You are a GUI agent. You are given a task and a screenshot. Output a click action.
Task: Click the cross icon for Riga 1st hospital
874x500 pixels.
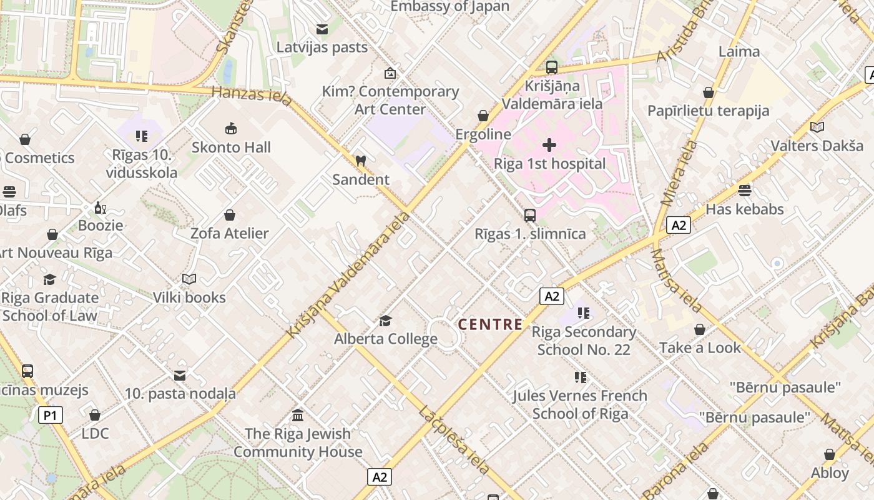click(549, 146)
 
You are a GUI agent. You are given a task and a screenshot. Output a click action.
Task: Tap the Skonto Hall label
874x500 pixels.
click(231, 147)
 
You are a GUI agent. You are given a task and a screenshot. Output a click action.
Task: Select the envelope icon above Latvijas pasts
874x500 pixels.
click(322, 29)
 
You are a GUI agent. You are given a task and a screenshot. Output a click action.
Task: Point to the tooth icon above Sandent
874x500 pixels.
click(360, 161)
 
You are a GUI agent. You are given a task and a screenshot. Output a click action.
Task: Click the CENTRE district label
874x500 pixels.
click(491, 324)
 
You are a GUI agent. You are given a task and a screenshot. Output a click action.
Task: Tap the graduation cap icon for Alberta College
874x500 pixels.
click(385, 321)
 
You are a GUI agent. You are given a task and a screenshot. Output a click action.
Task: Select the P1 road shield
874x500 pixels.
click(51, 415)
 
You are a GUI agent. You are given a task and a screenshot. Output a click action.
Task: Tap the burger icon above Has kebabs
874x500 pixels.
click(744, 190)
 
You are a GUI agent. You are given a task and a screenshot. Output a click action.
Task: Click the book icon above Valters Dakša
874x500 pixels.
click(817, 127)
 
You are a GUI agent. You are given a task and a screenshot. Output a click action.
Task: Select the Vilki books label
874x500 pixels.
click(190, 297)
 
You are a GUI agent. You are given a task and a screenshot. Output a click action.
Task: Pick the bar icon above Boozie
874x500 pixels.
click(99, 207)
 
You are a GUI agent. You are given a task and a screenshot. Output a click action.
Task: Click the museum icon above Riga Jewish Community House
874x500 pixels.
click(298, 415)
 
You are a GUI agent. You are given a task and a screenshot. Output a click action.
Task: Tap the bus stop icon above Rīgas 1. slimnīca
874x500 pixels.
click(530, 216)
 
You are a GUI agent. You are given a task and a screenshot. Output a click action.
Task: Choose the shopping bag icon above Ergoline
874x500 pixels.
click(483, 116)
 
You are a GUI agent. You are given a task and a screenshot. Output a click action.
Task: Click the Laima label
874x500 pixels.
click(739, 51)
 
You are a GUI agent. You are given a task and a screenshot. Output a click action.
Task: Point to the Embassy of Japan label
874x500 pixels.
click(449, 7)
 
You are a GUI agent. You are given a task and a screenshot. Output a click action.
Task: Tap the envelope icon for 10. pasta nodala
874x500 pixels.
click(180, 375)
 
